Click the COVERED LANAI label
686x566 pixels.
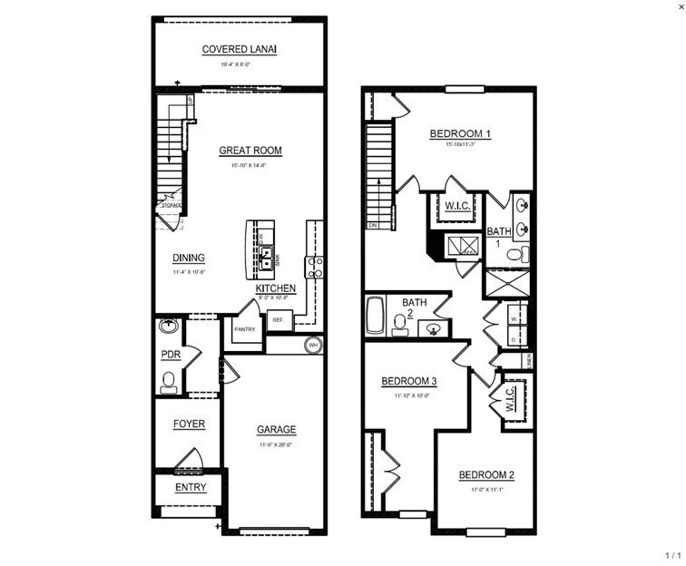click(x=239, y=49)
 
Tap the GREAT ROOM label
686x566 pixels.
click(x=250, y=151)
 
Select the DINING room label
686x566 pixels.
click(x=189, y=258)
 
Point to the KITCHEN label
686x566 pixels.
click(x=276, y=288)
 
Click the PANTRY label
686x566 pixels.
click(x=244, y=329)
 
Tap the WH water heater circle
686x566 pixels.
click(x=313, y=345)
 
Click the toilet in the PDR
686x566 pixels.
click(x=168, y=382)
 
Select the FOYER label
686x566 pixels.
click(x=189, y=424)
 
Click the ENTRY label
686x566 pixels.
click(x=191, y=487)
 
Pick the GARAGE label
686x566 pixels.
click(x=276, y=430)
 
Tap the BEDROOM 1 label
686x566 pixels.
click(x=460, y=134)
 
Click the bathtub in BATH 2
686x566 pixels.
click(x=376, y=319)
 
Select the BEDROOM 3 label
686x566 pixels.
click(x=411, y=381)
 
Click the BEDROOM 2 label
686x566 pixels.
click(x=486, y=475)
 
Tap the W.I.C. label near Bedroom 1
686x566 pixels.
click(x=456, y=207)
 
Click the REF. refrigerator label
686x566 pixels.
click(x=278, y=320)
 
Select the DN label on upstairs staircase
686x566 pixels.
click(x=373, y=224)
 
